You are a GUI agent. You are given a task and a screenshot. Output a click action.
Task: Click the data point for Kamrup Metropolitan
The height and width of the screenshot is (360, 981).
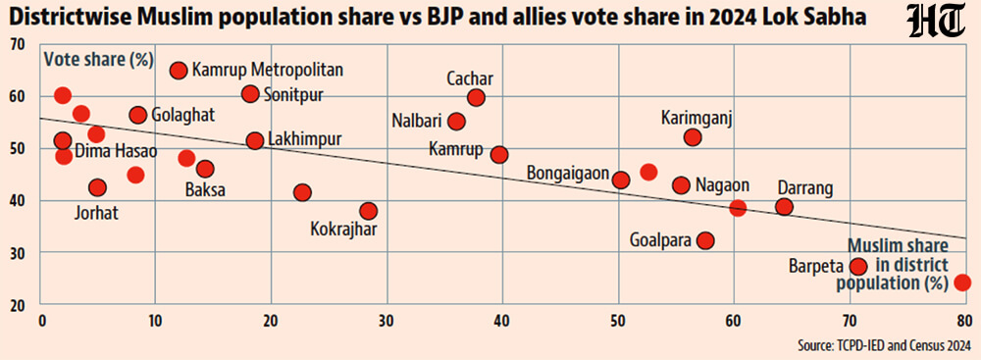click(179, 70)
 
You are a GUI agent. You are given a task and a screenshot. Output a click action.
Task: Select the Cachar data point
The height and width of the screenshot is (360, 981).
click(476, 97)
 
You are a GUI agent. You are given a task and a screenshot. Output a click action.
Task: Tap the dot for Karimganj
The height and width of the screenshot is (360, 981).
click(693, 137)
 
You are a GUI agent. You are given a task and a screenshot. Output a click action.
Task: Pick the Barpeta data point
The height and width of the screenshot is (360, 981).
click(858, 266)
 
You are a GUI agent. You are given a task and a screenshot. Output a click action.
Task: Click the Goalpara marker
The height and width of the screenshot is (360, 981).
click(705, 239)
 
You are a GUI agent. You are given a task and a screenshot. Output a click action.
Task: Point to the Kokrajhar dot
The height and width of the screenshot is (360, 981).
click(368, 211)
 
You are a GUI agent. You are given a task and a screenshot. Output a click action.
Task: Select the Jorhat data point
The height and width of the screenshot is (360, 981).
click(96, 187)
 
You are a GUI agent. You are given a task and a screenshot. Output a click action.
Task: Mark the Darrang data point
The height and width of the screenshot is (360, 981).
click(784, 206)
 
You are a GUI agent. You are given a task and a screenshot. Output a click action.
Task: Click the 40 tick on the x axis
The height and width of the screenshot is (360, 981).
click(502, 321)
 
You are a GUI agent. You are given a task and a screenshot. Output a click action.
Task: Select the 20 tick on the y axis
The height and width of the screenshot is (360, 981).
click(19, 305)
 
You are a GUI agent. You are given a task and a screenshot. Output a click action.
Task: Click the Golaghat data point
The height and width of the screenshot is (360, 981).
click(138, 115)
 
